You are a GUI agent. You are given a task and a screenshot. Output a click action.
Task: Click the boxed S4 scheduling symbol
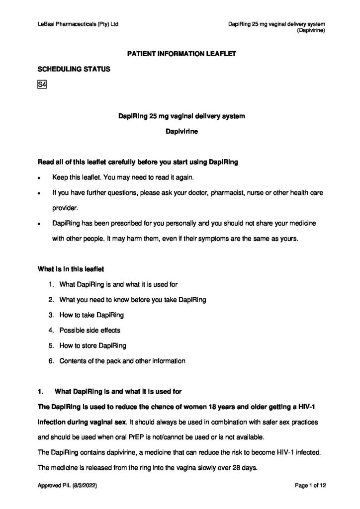(x=42, y=85)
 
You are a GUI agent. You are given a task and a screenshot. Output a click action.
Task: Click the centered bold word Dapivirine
(x=180, y=133)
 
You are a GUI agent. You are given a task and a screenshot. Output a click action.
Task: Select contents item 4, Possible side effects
(x=90, y=330)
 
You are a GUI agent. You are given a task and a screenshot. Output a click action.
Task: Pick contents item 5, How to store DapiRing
(x=92, y=345)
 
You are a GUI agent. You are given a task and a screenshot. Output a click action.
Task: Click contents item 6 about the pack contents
(x=122, y=361)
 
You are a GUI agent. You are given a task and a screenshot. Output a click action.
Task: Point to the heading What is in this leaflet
(x=71, y=269)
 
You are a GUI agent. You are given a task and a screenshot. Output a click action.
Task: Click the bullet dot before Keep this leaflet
(x=40, y=177)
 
